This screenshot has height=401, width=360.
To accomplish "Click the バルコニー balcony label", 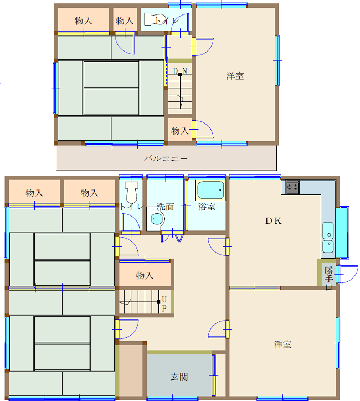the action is (x=166, y=158).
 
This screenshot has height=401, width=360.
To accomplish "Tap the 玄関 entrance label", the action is (x=179, y=377).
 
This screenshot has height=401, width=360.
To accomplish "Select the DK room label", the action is (x=274, y=220).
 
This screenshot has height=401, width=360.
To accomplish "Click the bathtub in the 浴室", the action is (x=210, y=190).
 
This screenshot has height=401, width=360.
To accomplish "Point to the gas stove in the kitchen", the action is (x=292, y=187).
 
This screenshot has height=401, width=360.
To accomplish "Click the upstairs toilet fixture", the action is (x=150, y=19).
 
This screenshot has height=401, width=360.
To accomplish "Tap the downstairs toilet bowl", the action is (x=132, y=192).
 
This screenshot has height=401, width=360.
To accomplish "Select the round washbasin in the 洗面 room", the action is (x=157, y=219).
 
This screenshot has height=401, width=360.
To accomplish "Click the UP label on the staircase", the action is (x=164, y=304).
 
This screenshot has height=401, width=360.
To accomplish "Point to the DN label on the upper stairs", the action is (x=180, y=71).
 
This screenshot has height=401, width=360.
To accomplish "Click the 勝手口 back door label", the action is (x=329, y=278).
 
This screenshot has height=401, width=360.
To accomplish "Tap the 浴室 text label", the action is (x=207, y=207).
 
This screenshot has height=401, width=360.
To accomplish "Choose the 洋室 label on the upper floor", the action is (x=235, y=76).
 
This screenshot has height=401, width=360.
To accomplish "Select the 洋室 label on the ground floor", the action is (x=282, y=345).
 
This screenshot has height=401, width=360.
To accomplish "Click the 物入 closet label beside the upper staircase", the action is (x=180, y=131).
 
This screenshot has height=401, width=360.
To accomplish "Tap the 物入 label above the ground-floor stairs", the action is (x=145, y=275).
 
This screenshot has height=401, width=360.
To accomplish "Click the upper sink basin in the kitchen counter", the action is (x=328, y=230).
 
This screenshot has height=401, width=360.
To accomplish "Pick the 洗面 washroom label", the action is (x=165, y=207).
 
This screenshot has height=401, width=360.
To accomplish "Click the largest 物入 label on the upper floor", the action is (x=83, y=20).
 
